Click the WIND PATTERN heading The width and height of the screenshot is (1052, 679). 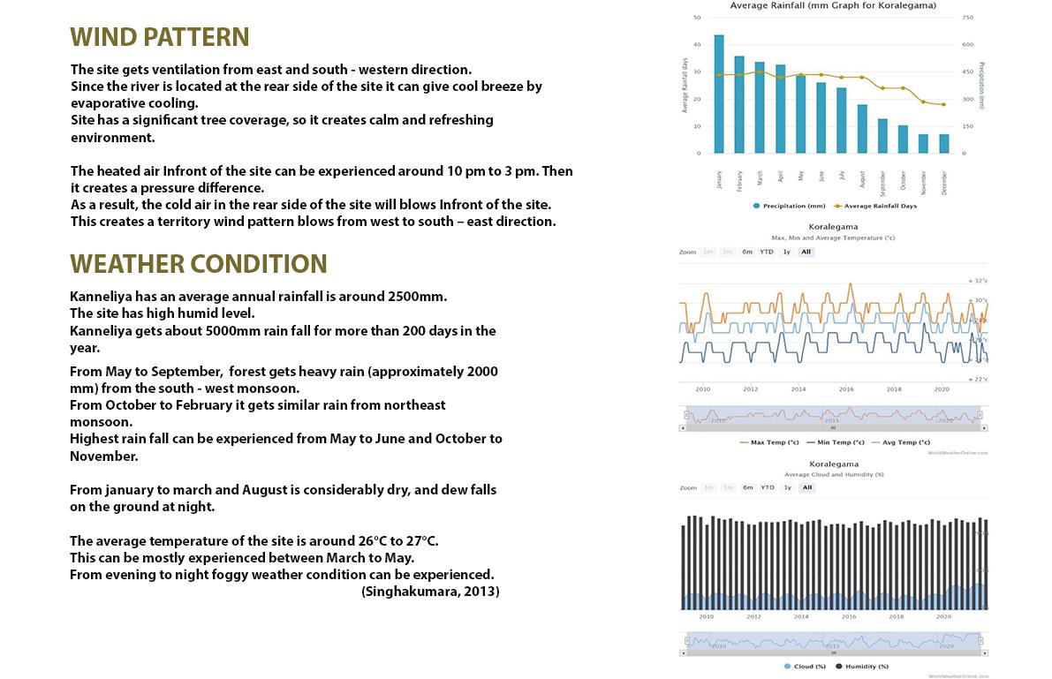point(160,37)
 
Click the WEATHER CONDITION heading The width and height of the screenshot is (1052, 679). point(199,264)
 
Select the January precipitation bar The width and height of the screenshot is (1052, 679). point(719,94)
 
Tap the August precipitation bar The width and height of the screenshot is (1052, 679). point(862,129)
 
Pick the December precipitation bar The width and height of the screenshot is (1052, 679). point(943,144)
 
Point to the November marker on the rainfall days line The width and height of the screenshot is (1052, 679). point(923,102)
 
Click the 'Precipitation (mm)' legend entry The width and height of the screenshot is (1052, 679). point(791,206)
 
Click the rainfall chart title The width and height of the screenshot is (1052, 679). point(833,5)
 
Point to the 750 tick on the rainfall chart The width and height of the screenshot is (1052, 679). point(968,18)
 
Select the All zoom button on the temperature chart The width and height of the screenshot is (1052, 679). point(806,252)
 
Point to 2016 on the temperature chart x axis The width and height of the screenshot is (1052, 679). point(846,389)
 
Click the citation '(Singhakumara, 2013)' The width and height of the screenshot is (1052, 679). point(430,592)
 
